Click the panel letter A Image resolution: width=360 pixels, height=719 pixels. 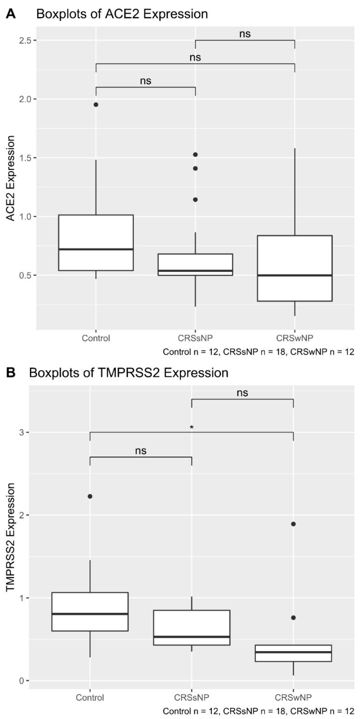(10, 14)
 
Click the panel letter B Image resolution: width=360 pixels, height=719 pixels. (10, 373)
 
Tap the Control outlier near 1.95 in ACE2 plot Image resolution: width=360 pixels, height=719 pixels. (96, 104)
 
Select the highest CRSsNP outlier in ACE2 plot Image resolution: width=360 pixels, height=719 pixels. (195, 154)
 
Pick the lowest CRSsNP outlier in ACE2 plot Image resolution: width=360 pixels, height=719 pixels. (195, 199)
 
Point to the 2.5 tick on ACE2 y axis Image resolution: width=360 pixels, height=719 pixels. (29, 41)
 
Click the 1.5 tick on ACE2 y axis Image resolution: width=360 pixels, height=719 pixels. (29, 158)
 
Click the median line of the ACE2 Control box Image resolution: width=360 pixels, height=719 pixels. (96, 249)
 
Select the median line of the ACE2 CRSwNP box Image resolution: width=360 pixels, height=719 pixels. (294, 275)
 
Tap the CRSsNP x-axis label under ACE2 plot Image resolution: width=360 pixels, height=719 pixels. (195, 338)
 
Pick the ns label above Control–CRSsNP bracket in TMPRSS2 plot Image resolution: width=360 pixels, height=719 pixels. (141, 451)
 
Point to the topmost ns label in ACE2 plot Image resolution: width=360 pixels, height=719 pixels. (245, 34)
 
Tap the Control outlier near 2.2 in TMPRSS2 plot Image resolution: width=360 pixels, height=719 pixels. (90, 496)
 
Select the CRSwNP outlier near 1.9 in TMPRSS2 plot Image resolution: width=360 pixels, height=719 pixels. (293, 524)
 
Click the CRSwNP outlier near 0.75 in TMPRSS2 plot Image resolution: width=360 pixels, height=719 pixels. (293, 617)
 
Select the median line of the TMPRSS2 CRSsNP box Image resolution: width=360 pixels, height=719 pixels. (192, 637)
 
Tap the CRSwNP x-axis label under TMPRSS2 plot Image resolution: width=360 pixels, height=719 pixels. (293, 697)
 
